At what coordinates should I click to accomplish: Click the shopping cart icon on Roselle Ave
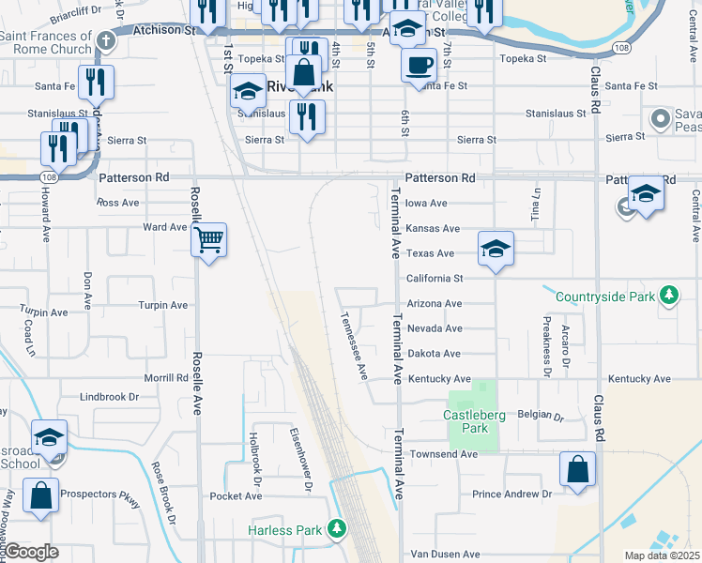point(209,240)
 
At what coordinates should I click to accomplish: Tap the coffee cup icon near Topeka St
point(419,65)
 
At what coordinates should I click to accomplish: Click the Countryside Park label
point(603,297)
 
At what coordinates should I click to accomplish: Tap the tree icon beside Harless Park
point(337,530)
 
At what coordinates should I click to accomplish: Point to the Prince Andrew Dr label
point(511,494)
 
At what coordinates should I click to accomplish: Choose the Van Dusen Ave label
point(445,555)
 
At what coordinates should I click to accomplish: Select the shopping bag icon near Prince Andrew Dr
point(578,470)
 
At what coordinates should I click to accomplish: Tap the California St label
point(435,279)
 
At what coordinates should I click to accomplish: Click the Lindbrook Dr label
point(109,397)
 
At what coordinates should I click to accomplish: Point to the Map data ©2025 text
point(663,555)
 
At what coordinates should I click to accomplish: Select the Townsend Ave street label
point(443,454)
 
